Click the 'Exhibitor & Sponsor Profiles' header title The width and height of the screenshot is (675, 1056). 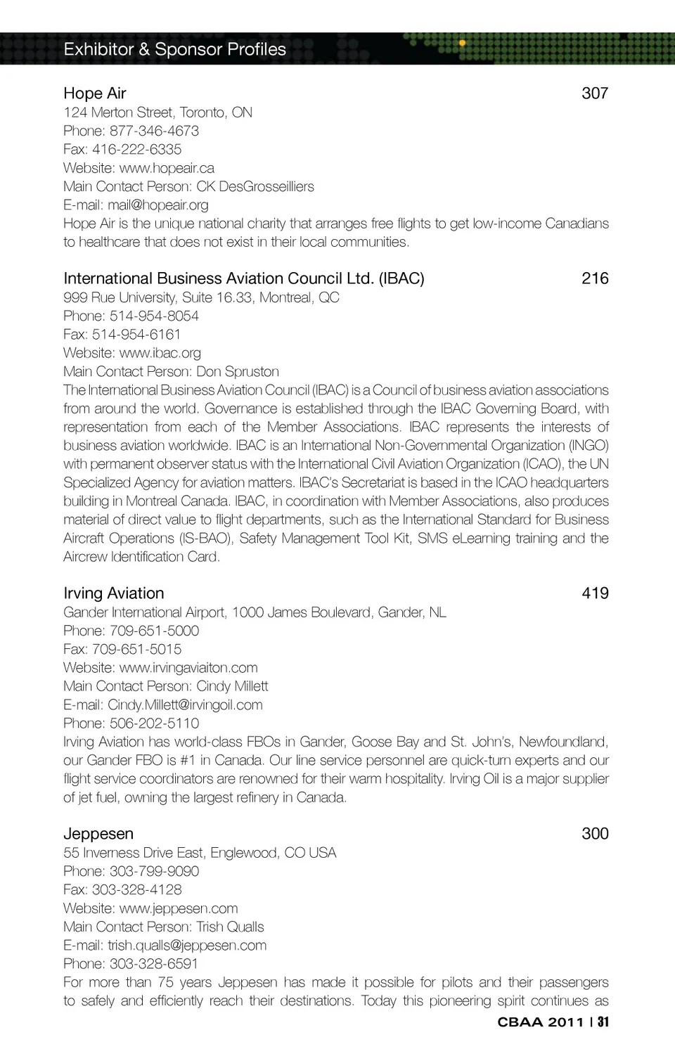pyautogui.click(x=174, y=49)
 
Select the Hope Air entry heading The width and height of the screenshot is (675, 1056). pyautogui.click(x=95, y=94)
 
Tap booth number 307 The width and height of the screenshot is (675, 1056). pyautogui.click(x=595, y=94)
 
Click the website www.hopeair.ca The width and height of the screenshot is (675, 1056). pyautogui.click(x=167, y=168)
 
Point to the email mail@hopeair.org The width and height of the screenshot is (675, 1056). pyautogui.click(x=158, y=205)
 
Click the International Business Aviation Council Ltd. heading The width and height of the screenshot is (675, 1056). pyautogui.click(x=244, y=278)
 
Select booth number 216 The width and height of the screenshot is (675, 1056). pyautogui.click(x=595, y=278)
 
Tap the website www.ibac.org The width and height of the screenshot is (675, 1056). pyautogui.click(x=160, y=353)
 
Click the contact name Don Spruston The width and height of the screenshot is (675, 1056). pyautogui.click(x=238, y=371)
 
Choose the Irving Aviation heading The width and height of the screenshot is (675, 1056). pyautogui.click(x=114, y=593)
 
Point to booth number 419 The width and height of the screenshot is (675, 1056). pyautogui.click(x=595, y=593)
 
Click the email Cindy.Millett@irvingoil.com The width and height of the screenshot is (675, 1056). pyautogui.click(x=185, y=704)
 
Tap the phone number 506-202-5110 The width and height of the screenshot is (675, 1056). pyautogui.click(x=154, y=723)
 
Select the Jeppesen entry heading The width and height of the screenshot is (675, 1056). pyautogui.click(x=98, y=834)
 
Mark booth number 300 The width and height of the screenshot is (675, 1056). pyautogui.click(x=595, y=834)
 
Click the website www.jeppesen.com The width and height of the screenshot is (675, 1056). pyautogui.click(x=179, y=908)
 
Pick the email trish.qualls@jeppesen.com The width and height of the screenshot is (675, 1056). pyautogui.click(x=187, y=946)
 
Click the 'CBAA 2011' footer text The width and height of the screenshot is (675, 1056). pyautogui.click(x=541, y=1022)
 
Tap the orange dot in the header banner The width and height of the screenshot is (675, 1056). pyautogui.click(x=462, y=43)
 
